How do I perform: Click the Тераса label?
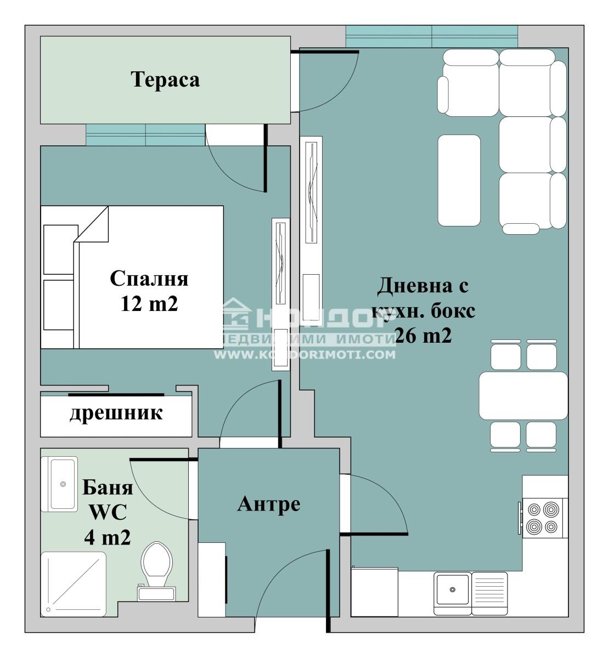coord(165,80)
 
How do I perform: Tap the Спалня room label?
coord(149,279)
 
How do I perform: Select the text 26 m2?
coord(422,336)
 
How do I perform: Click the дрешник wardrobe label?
coord(116,413)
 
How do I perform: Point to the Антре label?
coord(268,504)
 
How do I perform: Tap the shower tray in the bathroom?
coord(74,583)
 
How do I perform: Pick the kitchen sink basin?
coord(452,590)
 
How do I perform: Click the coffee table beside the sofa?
coord(459,180)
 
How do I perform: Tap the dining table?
coord(523,396)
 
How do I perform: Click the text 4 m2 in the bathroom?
coord(107,537)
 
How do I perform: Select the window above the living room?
coord(431,37)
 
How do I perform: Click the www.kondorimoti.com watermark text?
coord(304,354)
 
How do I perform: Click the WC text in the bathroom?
coord(108,512)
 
